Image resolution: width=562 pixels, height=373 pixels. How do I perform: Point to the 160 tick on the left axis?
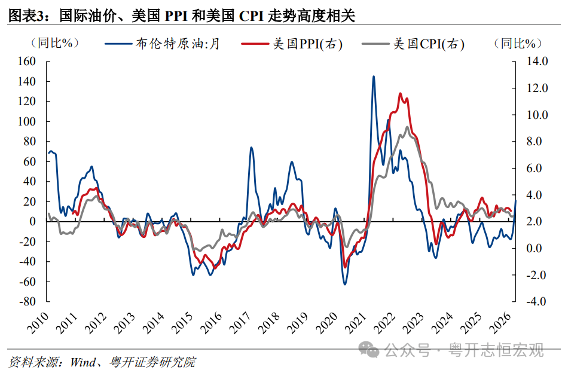point(28,61)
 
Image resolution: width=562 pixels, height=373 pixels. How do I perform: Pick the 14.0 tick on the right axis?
point(536,61)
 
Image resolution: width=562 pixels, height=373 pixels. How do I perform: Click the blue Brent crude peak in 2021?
point(374,77)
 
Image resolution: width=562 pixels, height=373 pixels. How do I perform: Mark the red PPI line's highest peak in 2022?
point(400,94)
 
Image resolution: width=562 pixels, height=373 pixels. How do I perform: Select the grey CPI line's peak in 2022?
point(408,127)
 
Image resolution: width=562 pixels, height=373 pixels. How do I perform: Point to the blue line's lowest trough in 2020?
point(345,284)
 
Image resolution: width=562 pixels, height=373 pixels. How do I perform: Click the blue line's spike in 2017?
point(251,147)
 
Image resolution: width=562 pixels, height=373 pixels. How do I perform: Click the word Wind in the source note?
point(83,362)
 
